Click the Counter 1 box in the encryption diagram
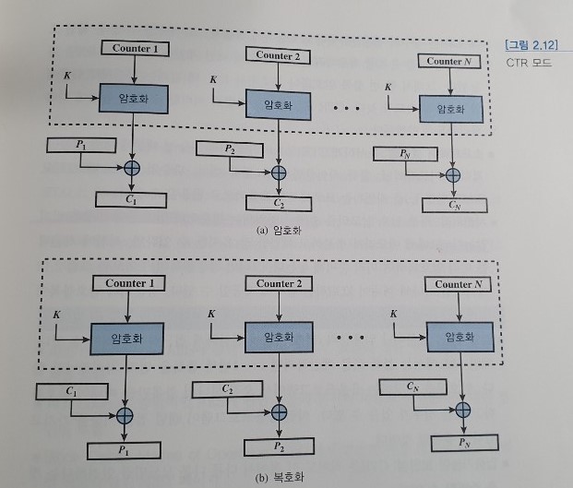[136, 48]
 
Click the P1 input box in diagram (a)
[81, 145]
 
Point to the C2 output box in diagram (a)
[278, 202]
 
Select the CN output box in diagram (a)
[452, 205]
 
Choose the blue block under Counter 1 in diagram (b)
[128, 339]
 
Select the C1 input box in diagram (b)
[70, 391]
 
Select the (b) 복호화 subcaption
[279, 478]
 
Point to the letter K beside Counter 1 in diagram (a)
[66, 73]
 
